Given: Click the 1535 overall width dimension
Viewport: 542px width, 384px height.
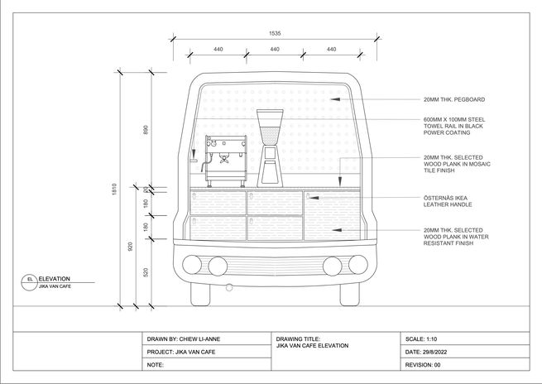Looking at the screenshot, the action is [x=275, y=34].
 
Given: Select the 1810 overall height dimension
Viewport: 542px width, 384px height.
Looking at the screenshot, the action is [x=114, y=189].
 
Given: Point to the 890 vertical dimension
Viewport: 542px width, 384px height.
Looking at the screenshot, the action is [x=146, y=130].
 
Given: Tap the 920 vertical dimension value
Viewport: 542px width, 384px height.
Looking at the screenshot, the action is [x=130, y=247].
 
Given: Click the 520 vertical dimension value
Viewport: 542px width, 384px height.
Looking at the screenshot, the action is [x=146, y=272].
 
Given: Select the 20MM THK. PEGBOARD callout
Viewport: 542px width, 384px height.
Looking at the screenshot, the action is [x=454, y=99].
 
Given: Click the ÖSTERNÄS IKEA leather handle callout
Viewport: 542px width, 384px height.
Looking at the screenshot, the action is [x=448, y=201].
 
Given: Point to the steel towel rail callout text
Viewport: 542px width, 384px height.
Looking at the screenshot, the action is [x=454, y=126].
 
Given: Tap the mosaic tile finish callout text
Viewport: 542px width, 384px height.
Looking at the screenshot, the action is [x=457, y=164].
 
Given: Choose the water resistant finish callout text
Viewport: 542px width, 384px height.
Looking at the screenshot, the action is [x=456, y=237].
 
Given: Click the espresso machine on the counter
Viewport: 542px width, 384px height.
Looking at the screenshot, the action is [x=225, y=161].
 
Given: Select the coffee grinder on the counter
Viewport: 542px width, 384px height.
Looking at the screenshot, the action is [x=270, y=148].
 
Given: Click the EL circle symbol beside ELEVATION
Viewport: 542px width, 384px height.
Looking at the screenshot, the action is [x=30, y=282].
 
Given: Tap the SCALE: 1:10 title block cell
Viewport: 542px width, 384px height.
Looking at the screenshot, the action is [x=465, y=339].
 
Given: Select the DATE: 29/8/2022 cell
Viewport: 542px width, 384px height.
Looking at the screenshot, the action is [x=465, y=352].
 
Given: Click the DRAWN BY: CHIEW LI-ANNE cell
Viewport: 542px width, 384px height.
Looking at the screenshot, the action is [x=207, y=339].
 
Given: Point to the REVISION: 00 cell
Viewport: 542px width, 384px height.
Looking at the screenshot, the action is [x=465, y=365].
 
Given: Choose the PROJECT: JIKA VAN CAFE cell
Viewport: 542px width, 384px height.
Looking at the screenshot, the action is [x=207, y=352].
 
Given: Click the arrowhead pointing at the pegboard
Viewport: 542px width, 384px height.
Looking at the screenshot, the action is [x=334, y=99].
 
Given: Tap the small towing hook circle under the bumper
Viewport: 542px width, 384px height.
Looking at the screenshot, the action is [x=229, y=287].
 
